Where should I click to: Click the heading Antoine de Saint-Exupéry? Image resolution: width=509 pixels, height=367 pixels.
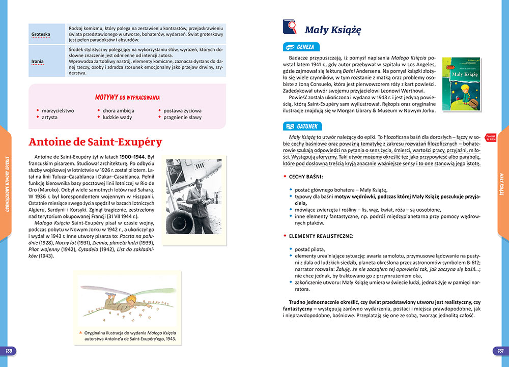95,142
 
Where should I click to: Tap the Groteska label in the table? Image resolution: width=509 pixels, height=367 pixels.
40,35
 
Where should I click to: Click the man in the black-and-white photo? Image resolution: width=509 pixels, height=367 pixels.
196,193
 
